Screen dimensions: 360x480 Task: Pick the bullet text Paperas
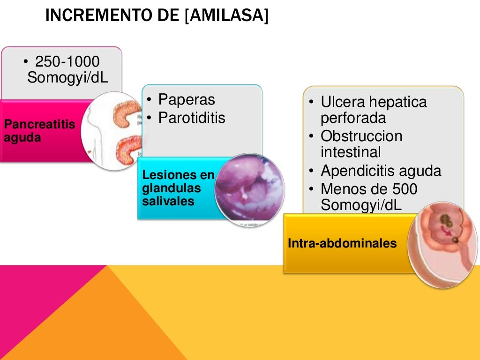point(186,99)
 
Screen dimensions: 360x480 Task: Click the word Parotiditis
point(192,118)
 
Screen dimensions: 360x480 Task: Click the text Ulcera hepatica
point(374,102)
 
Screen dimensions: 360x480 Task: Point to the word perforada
point(353,118)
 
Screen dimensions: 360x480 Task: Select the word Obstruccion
point(361,136)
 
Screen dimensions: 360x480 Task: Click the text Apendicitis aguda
point(381,171)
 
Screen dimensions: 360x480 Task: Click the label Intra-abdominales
point(342,244)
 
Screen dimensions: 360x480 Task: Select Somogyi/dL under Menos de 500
point(361,205)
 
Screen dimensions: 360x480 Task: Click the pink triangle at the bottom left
point(42,300)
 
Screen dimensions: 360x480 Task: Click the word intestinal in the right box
point(351,152)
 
